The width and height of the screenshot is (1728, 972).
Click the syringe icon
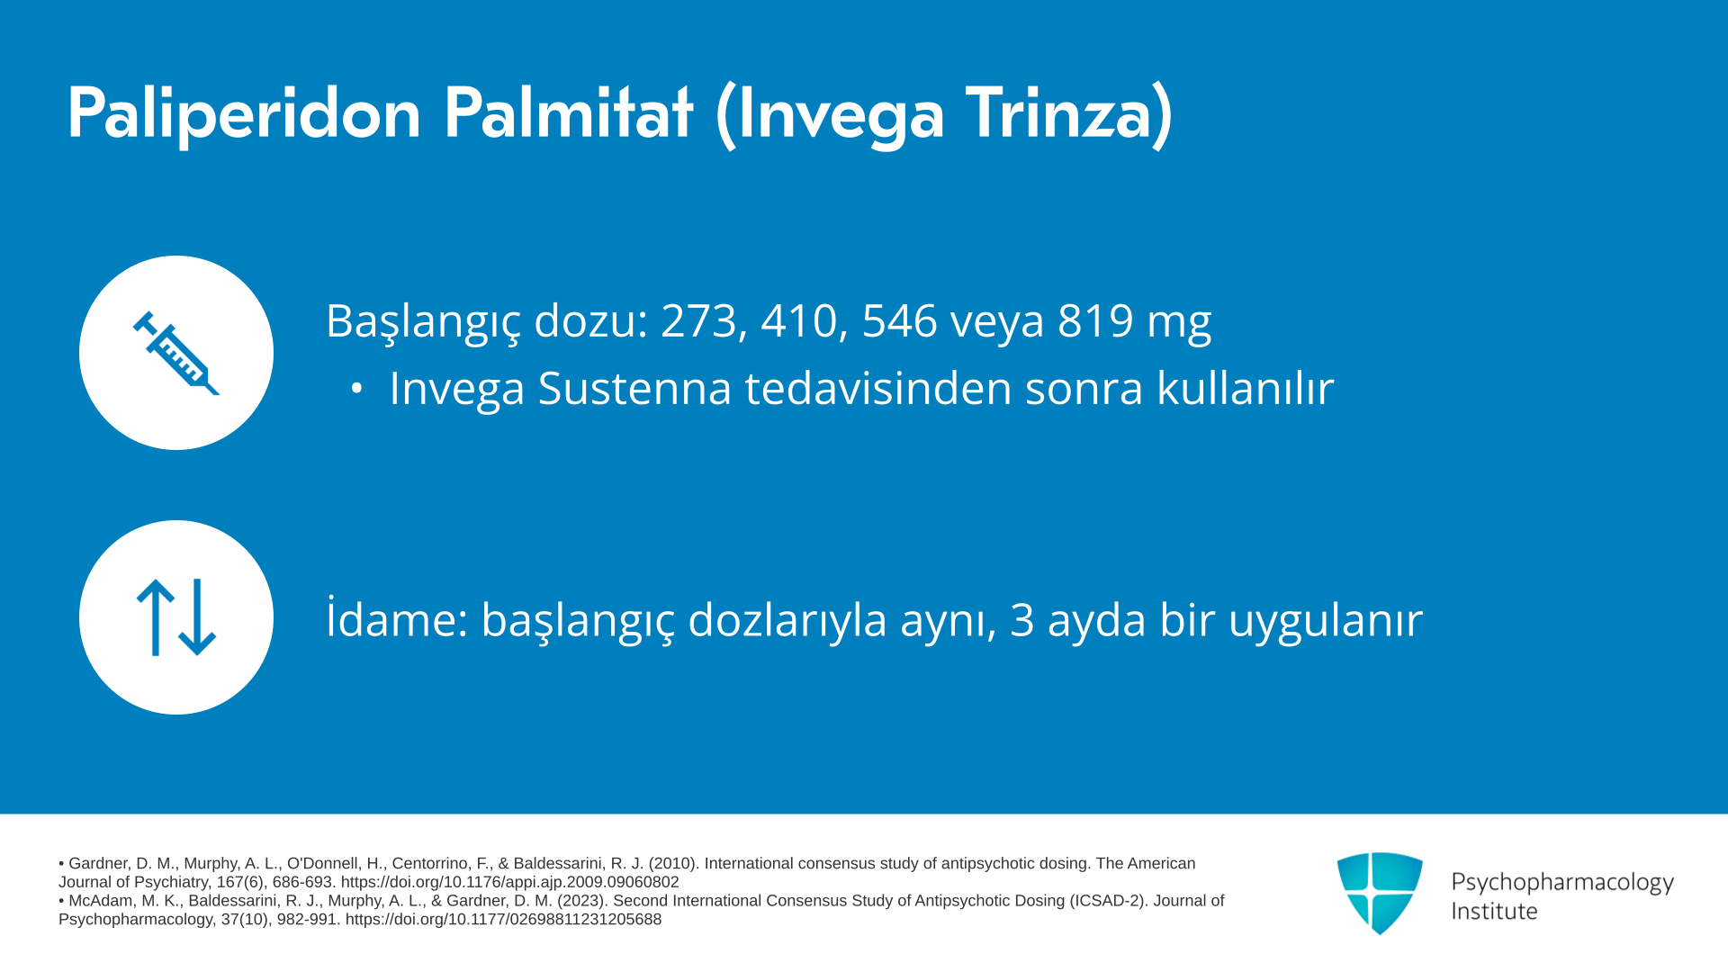tap(176, 353)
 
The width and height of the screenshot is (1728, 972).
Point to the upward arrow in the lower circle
tap(156, 617)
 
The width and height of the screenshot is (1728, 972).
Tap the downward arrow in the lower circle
tap(197, 617)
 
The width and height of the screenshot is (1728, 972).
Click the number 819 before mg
tap(1095, 320)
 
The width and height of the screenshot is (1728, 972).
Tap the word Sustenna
tap(634, 389)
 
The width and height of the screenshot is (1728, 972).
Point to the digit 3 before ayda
tap(1022, 620)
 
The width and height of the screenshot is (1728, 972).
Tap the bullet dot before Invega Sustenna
tap(357, 389)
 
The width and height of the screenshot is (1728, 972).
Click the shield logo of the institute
tap(1380, 893)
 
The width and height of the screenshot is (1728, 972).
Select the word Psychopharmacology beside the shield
tap(1562, 883)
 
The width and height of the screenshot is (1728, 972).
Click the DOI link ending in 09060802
tap(509, 882)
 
